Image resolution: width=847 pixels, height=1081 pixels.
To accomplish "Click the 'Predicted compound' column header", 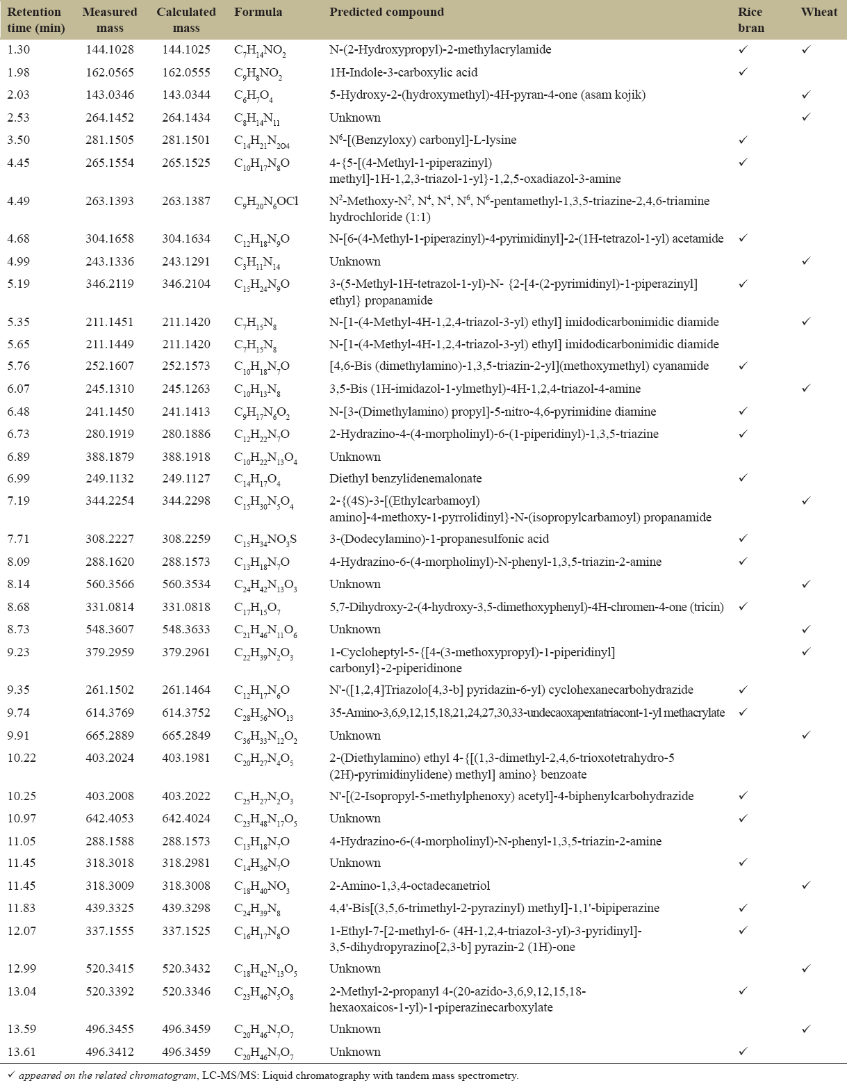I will click(x=386, y=12).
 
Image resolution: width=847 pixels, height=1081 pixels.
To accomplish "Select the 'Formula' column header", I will click(x=258, y=12).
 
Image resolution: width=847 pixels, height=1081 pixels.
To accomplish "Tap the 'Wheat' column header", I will click(x=819, y=12).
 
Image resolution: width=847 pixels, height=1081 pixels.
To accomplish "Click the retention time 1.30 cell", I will click(x=19, y=49).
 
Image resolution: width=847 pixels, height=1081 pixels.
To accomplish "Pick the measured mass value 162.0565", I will click(x=110, y=72).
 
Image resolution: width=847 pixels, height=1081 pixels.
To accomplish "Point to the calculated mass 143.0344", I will click(x=186, y=95).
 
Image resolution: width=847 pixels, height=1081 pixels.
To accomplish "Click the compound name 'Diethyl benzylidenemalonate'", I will click(x=405, y=478).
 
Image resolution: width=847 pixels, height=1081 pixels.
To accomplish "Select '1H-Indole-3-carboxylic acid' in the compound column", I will click(x=403, y=72).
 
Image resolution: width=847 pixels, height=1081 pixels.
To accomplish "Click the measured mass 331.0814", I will click(x=110, y=607).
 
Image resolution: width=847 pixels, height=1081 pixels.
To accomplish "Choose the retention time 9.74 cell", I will click(x=19, y=713).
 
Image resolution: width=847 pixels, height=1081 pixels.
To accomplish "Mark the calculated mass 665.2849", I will click(x=186, y=735).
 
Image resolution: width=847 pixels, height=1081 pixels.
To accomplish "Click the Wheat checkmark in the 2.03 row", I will click(x=806, y=95).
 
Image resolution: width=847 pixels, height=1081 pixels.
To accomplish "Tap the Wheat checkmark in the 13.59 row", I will click(x=806, y=1029).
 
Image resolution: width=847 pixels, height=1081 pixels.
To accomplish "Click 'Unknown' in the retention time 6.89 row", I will click(x=355, y=457).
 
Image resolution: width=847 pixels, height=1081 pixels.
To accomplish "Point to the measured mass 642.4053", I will click(x=110, y=818).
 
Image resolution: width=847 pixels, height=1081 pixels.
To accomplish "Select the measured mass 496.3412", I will click(x=110, y=1052).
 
